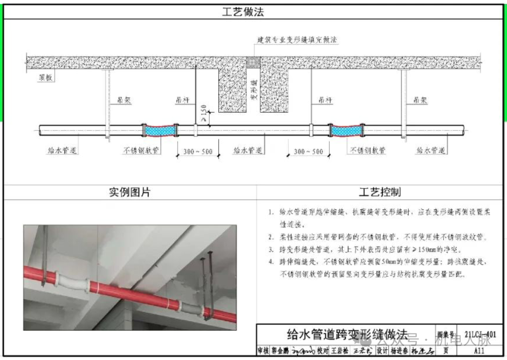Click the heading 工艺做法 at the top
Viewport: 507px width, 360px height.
(243, 12)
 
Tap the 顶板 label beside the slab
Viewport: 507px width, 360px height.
(46, 78)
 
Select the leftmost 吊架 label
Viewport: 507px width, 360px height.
(123, 100)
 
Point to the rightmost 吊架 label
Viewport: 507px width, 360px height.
(420, 100)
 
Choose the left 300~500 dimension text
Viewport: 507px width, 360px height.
(197, 152)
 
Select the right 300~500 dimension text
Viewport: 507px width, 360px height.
(308, 152)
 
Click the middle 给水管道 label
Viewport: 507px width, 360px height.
(248, 151)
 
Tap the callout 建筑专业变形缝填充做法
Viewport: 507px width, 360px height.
(297, 40)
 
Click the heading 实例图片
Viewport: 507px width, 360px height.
(130, 192)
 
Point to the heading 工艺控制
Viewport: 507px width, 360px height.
(380, 192)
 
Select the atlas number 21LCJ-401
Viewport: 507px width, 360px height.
(480, 335)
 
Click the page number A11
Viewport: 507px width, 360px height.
(479, 351)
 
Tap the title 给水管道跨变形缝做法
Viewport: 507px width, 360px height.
(347, 335)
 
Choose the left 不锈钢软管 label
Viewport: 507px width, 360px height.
(141, 151)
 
